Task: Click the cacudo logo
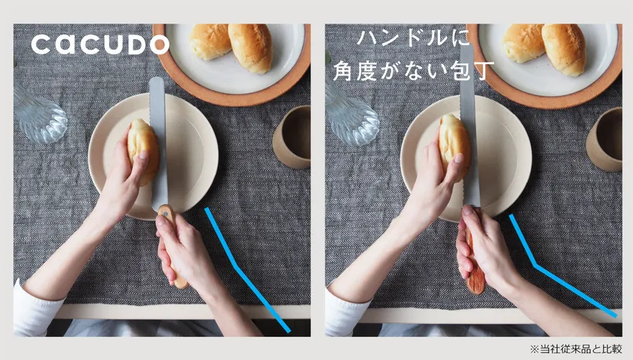coord(100,44)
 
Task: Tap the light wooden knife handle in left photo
coord(172,246)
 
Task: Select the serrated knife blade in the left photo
coord(158,143)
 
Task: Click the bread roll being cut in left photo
coord(142,151)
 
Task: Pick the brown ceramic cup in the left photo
coord(292,137)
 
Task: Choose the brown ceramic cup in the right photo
coord(604,139)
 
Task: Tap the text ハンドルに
coord(414,38)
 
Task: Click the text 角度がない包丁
coord(414,71)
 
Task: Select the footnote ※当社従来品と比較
coord(576,349)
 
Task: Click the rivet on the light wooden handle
coord(165,212)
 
